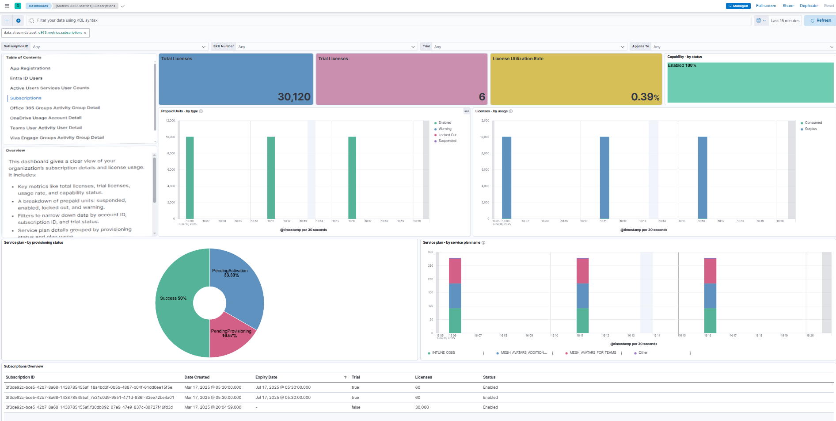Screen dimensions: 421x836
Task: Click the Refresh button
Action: click(821, 20)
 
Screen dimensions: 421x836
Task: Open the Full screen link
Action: click(766, 6)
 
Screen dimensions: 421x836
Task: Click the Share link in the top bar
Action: click(788, 6)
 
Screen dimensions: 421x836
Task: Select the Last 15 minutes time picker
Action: click(785, 21)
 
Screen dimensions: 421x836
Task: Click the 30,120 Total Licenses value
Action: click(294, 97)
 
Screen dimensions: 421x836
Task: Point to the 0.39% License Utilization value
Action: click(645, 97)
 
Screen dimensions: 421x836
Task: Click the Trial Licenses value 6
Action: click(482, 97)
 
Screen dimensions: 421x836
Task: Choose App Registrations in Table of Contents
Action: click(30, 68)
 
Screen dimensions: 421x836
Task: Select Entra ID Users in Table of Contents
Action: click(26, 78)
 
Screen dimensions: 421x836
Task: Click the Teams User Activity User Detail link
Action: click(46, 128)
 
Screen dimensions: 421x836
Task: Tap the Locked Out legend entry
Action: click(447, 135)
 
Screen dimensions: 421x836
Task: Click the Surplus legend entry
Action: click(810, 129)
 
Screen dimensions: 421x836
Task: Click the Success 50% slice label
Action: click(173, 299)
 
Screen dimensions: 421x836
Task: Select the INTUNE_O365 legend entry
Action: click(443, 353)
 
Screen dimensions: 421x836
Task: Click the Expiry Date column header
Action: click(266, 377)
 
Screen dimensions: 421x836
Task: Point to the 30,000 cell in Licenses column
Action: click(422, 407)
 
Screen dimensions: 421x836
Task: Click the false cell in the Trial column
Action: click(356, 407)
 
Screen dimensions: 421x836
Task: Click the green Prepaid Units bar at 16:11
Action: click(271, 177)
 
